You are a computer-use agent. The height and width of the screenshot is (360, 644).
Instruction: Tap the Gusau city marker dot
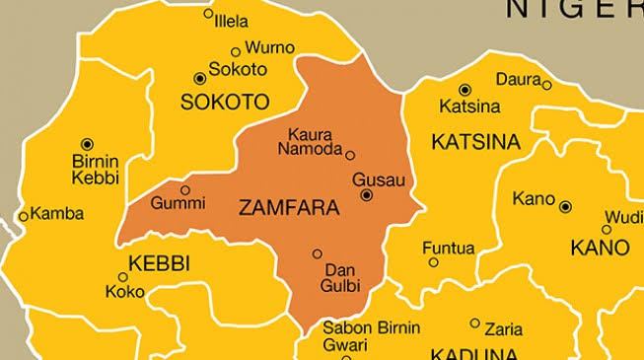367,195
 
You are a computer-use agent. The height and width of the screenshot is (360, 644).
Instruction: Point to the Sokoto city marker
201,77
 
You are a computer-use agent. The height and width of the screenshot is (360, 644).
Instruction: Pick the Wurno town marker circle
235,51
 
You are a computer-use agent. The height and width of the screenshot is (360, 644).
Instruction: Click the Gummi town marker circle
184,189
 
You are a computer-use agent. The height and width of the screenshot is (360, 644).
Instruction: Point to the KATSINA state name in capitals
475,143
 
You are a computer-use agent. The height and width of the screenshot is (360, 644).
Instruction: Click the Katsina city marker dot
465,90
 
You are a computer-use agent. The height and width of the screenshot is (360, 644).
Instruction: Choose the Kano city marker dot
566,206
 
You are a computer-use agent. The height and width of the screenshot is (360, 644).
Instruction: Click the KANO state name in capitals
600,244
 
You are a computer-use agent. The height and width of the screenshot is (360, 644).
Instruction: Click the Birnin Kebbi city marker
87,144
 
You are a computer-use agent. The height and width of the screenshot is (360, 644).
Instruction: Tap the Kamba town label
58,213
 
